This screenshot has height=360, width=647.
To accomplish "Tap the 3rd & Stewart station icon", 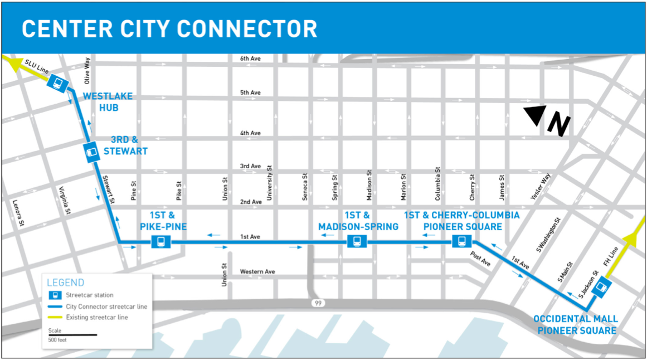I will (91, 152).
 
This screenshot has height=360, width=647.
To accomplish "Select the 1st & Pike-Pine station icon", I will (162, 242).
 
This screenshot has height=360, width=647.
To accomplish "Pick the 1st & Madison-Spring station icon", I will (357, 242).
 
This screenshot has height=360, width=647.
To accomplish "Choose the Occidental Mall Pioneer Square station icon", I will (600, 289).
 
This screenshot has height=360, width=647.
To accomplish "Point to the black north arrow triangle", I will (534, 115).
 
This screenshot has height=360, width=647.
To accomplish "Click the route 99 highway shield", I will (318, 303).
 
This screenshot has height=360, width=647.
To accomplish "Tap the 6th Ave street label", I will (250, 59).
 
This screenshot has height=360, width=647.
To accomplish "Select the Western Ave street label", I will (257, 272).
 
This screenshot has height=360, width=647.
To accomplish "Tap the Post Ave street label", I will (480, 259).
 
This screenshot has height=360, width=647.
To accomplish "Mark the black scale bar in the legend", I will (72, 335).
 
